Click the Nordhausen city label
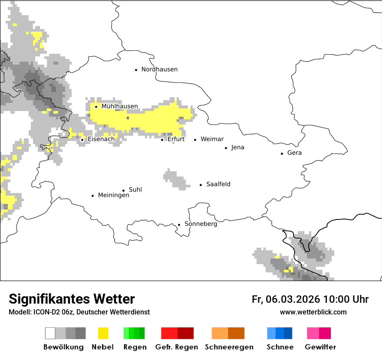[159, 69]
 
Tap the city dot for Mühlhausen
[96, 107]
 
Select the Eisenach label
[101, 139]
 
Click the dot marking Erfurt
[162, 140]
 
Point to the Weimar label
[212, 139]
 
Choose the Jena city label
[237, 147]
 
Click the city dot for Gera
[282, 154]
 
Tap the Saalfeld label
[218, 184]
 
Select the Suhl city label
[135, 190]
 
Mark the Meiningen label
[113, 195]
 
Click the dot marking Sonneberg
[179, 225]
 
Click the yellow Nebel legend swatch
[103, 333]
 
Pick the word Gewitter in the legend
[320, 347]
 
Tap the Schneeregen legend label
[229, 347]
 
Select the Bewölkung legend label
[63, 347]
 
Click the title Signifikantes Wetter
[72, 299]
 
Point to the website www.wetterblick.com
[313, 312]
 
